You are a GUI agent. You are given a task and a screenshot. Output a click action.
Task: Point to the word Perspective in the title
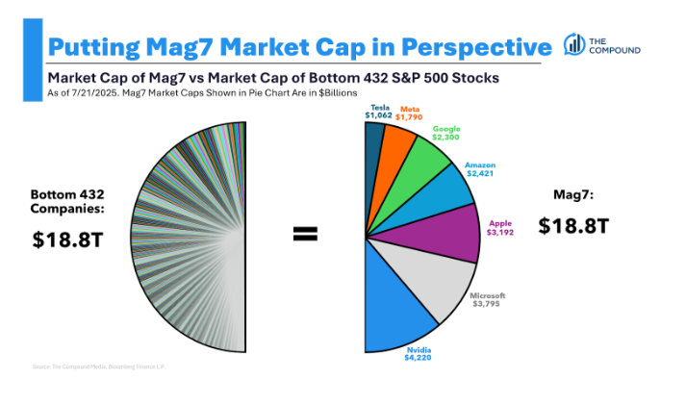pos(462,45)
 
